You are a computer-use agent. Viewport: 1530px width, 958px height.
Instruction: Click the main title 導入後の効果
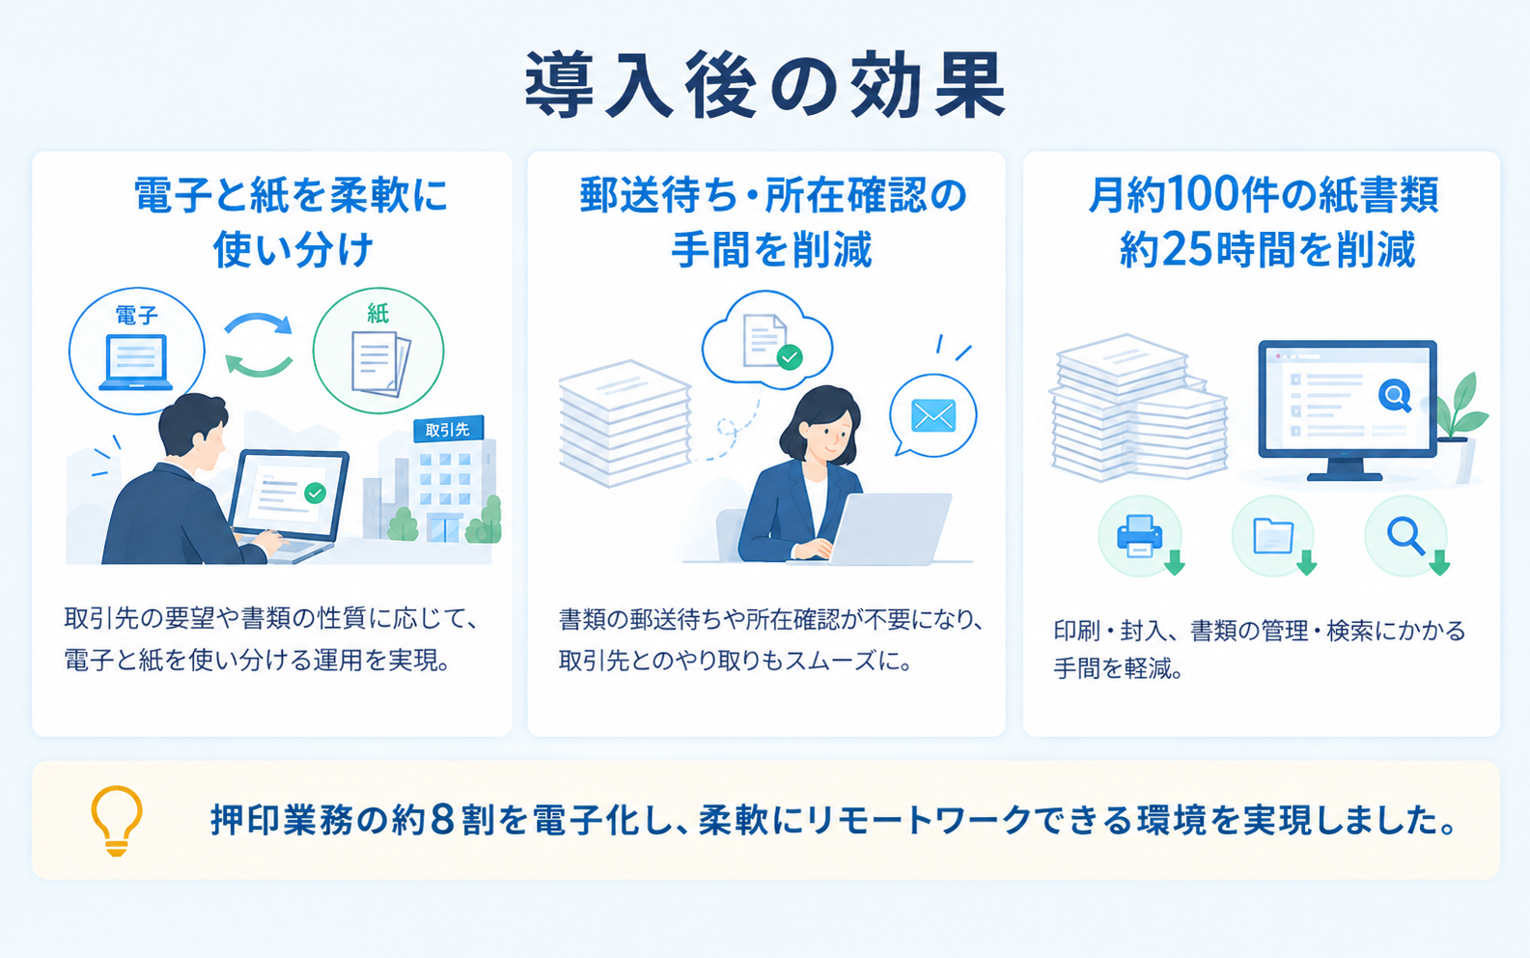765,85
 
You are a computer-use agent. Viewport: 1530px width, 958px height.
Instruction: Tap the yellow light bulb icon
117,820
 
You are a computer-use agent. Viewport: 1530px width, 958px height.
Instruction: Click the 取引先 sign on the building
447,430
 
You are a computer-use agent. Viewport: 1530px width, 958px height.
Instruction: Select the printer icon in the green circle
1139,535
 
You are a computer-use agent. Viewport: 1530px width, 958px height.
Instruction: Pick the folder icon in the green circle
1273,536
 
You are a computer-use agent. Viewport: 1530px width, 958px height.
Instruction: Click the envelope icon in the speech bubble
933,415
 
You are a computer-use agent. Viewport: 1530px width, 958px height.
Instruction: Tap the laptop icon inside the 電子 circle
136,363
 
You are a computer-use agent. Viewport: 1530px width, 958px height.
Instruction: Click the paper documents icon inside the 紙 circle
380,363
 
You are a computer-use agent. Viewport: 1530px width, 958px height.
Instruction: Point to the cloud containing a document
767,340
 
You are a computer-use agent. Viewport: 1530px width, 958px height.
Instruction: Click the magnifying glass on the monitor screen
1396,396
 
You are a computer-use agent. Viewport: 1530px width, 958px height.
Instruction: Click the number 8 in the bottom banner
443,820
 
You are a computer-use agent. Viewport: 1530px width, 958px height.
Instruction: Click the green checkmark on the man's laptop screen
315,493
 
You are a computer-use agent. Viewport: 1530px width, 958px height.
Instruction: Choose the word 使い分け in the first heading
293,249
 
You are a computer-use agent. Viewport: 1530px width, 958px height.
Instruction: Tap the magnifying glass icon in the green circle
1405,536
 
